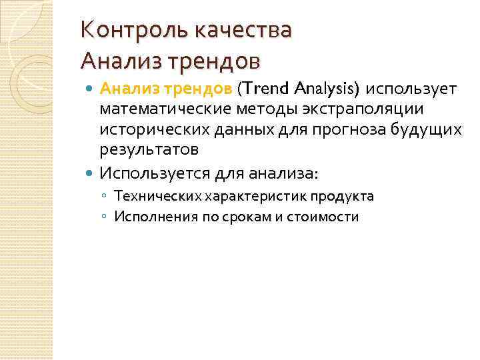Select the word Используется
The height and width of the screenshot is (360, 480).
[156, 173]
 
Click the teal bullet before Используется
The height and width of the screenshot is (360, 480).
[91, 173]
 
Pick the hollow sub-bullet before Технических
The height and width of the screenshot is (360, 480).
[105, 197]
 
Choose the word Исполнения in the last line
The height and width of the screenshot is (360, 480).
[147, 217]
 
